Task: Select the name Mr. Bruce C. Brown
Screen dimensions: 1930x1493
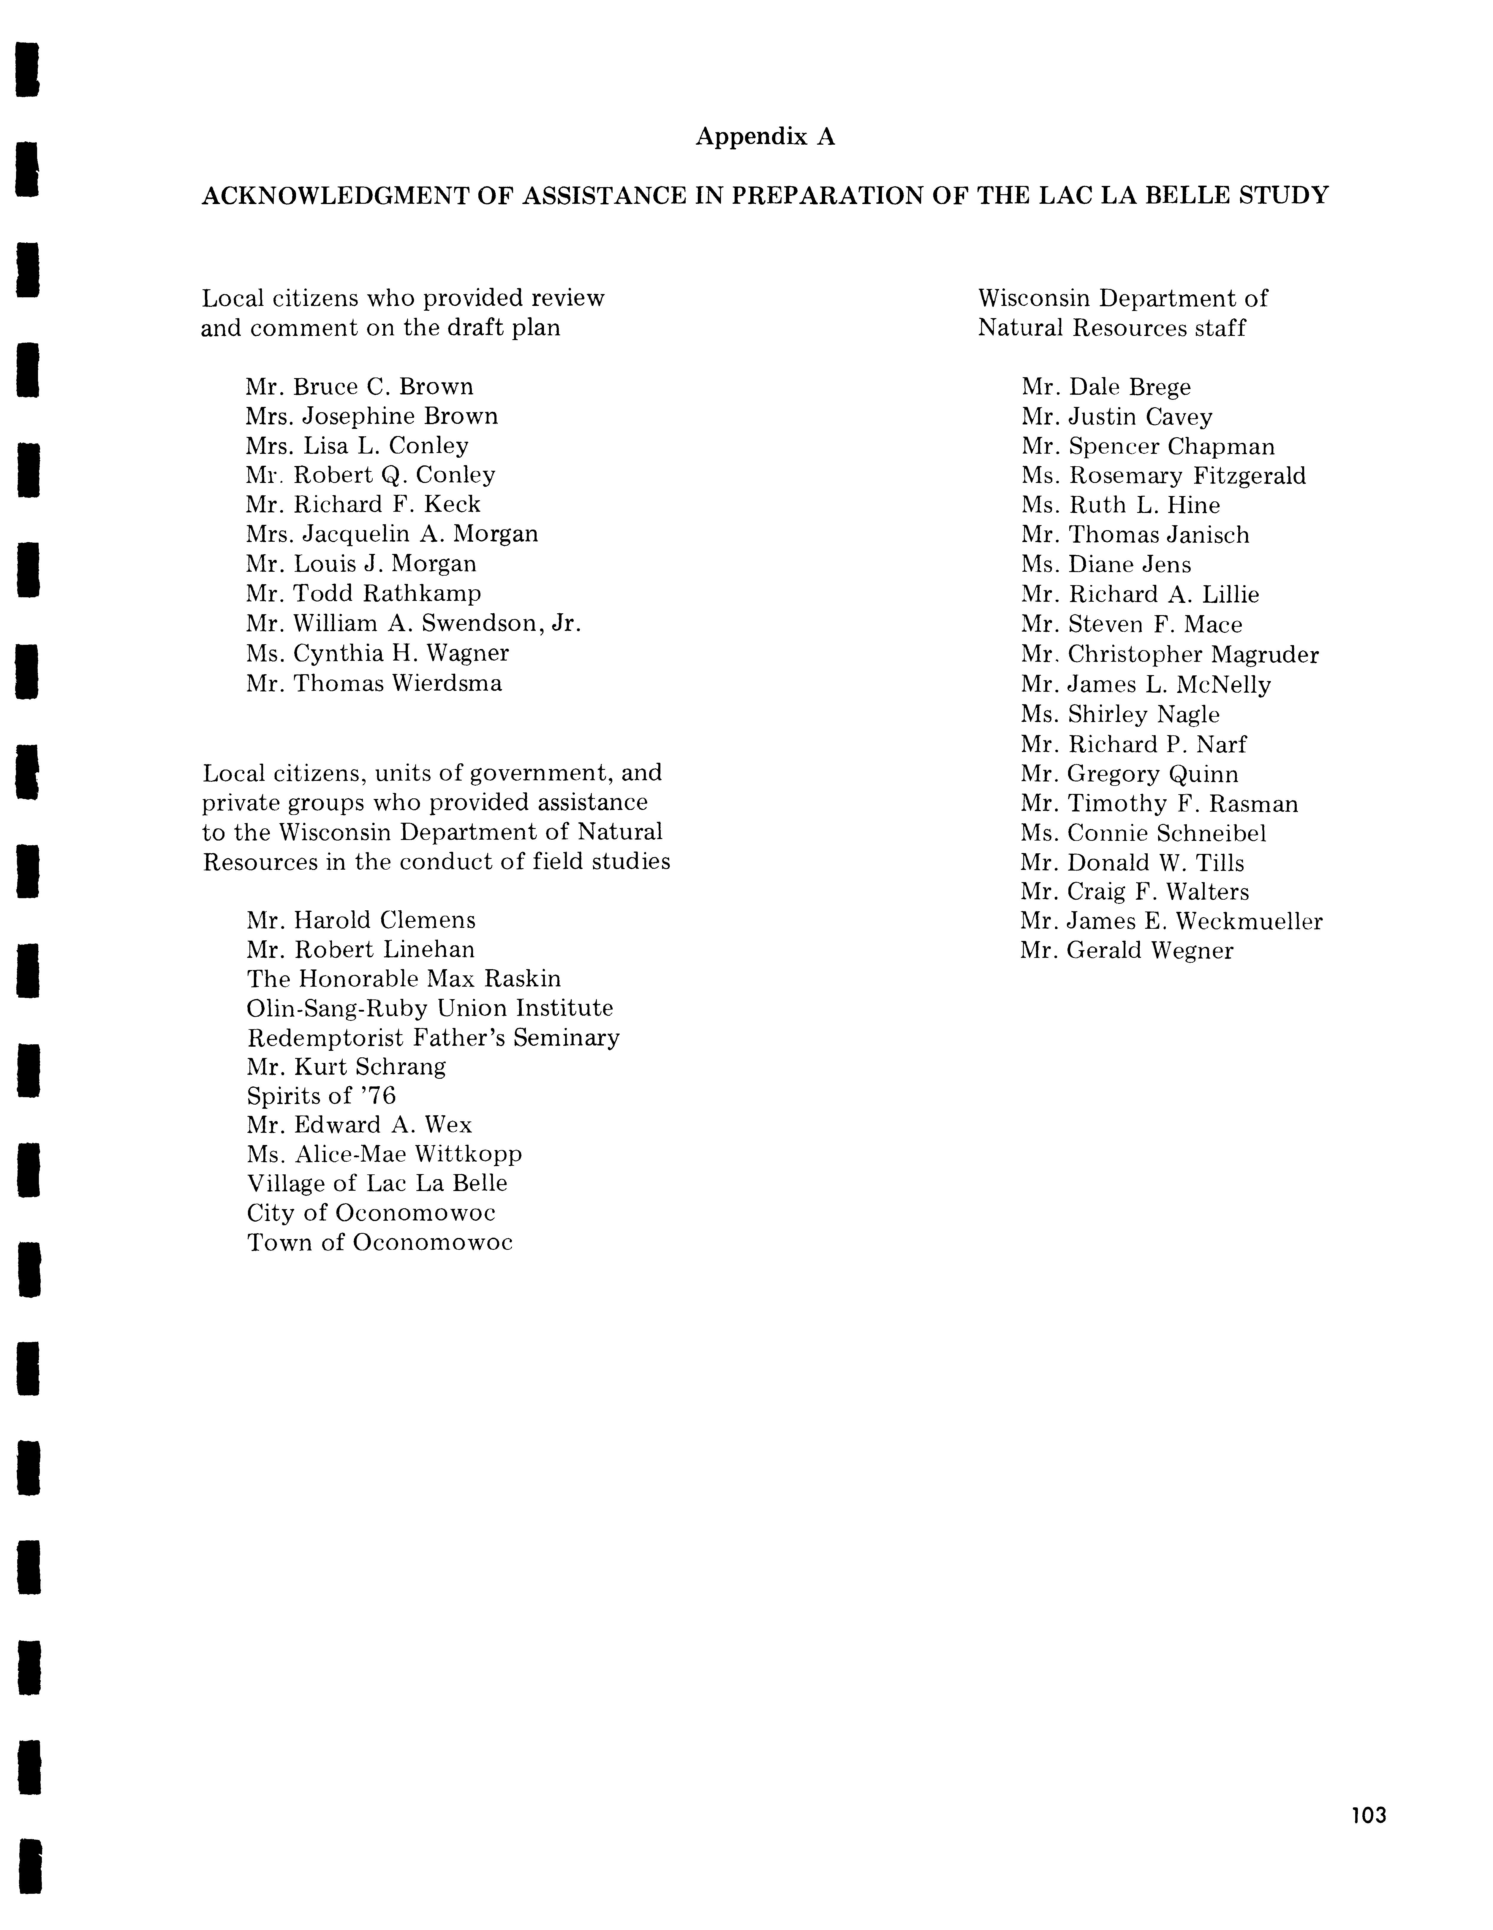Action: (360, 387)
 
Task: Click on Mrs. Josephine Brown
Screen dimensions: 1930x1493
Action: (372, 416)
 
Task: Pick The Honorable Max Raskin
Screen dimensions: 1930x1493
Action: (404, 979)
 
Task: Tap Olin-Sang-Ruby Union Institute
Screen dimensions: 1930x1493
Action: (429, 1008)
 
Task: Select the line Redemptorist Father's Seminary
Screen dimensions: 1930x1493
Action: (433, 1037)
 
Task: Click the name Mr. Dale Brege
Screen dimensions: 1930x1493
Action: (1106, 387)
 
